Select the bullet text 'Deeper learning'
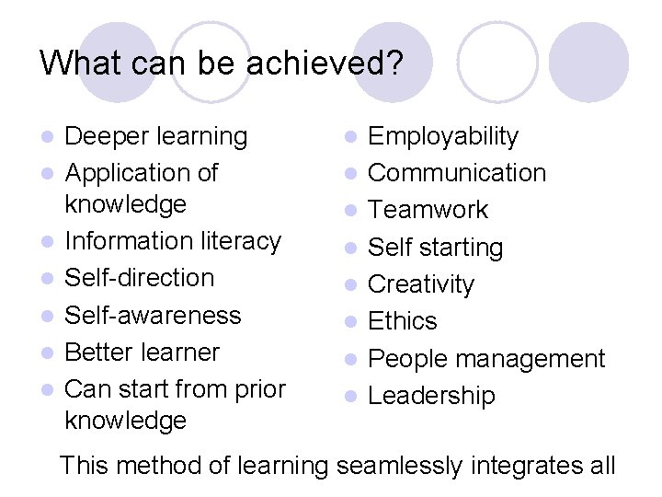click(x=156, y=137)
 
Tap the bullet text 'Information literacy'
click(x=173, y=241)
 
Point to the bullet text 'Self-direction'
click(x=140, y=278)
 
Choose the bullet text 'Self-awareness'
click(x=153, y=315)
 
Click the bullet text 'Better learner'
click(x=143, y=353)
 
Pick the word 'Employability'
click(x=443, y=137)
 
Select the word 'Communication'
click(x=457, y=173)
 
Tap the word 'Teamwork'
click(x=428, y=210)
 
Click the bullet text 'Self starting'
click(x=435, y=248)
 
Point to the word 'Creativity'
click(x=421, y=284)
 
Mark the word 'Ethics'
click(x=403, y=321)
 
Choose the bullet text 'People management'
click(x=486, y=359)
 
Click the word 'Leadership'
click(x=431, y=396)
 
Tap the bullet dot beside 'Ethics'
click(x=349, y=322)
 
